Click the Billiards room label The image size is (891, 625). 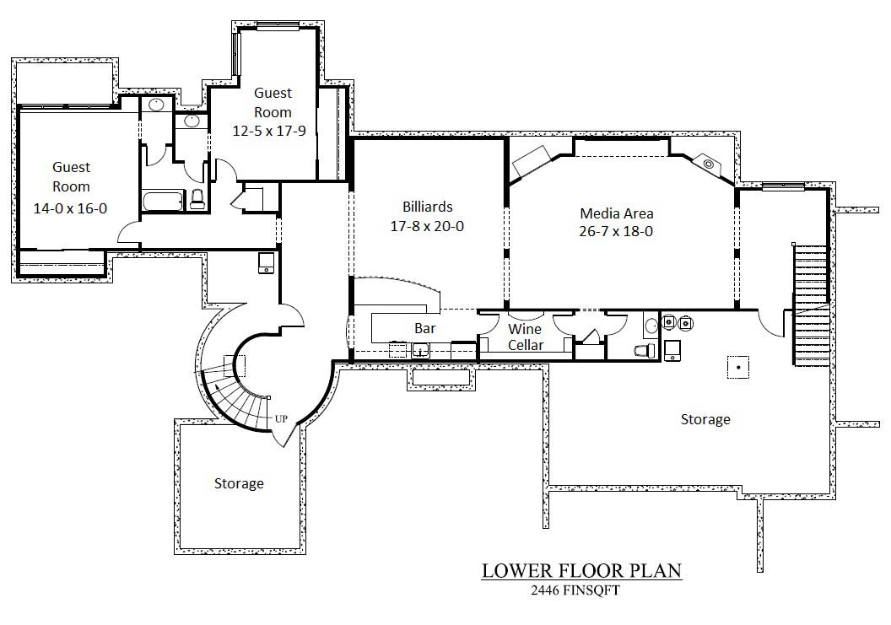click(x=427, y=207)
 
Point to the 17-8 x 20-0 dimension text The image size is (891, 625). click(x=427, y=226)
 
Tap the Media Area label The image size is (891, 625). click(x=616, y=213)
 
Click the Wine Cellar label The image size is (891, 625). click(x=525, y=337)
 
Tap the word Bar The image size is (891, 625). click(x=424, y=328)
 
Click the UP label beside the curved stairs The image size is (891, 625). click(x=281, y=418)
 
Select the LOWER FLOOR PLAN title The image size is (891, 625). click(x=581, y=571)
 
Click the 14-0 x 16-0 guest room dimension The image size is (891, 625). click(x=71, y=208)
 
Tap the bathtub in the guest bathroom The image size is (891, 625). click(x=162, y=202)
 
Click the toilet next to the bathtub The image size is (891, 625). click(x=197, y=200)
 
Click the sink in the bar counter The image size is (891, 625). click(x=419, y=349)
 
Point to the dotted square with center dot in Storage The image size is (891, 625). click(x=739, y=367)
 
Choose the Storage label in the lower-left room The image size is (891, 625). click(x=239, y=484)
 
